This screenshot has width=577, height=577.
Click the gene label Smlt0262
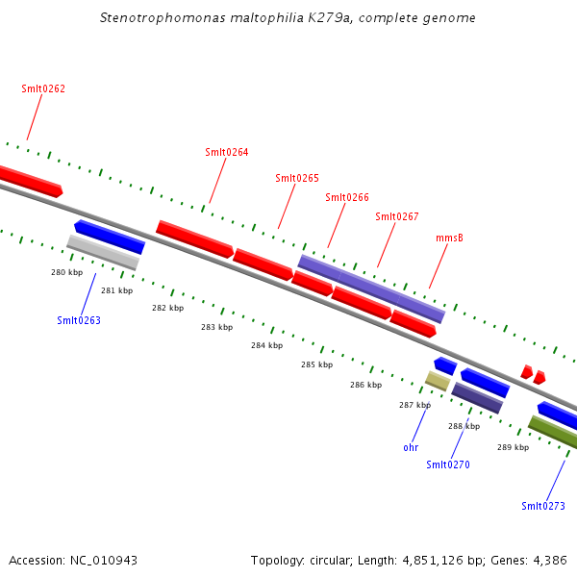coord(43,88)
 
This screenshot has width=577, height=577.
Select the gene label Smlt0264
coord(227,152)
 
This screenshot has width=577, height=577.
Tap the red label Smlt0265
coord(297,178)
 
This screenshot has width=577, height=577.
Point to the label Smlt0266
coord(347,197)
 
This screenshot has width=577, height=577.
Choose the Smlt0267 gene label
coord(397,216)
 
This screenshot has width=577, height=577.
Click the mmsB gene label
coord(449,237)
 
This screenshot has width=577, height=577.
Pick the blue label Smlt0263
coord(79,320)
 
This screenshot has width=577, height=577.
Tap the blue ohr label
coord(411,447)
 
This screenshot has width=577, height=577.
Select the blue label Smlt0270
coord(448,464)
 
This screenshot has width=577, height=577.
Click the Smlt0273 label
coord(543,506)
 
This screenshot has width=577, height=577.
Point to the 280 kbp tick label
coord(66,272)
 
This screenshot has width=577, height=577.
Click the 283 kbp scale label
coord(216,327)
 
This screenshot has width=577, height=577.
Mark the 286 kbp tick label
coord(365,385)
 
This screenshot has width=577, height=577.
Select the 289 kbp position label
coord(513,447)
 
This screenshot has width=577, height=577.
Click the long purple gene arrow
coord(371,288)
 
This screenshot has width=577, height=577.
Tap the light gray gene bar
coord(103,252)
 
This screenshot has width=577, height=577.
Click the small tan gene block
coord(438,381)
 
